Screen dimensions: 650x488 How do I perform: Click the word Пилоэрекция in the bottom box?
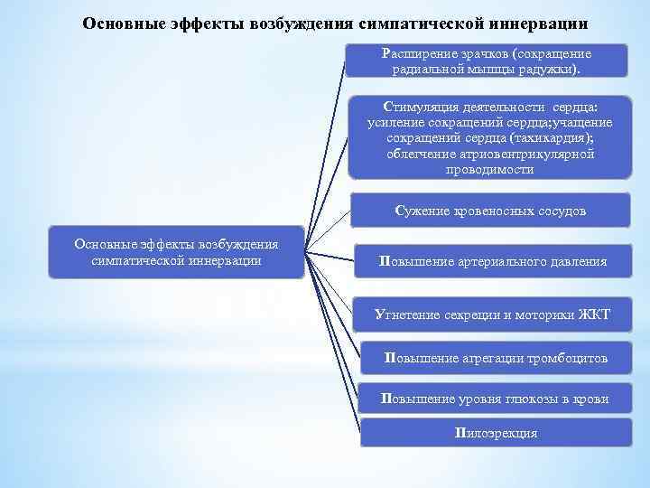(x=497, y=433)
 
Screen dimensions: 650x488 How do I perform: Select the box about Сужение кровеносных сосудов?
(x=490, y=211)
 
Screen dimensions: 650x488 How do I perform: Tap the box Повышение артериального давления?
(x=493, y=262)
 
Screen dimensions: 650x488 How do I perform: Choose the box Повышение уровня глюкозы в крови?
(x=495, y=399)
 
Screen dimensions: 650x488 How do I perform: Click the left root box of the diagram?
(x=177, y=252)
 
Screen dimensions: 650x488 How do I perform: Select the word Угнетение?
(x=407, y=314)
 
